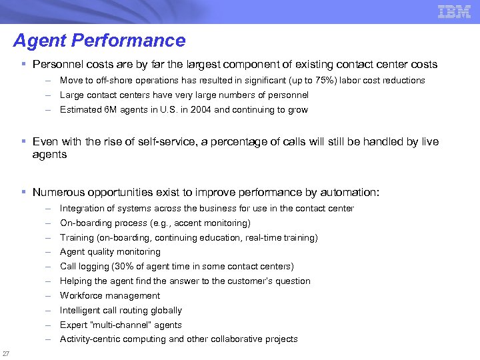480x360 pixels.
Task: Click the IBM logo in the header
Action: pyautogui.click(x=455, y=11)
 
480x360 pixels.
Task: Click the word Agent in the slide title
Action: pyautogui.click(x=39, y=41)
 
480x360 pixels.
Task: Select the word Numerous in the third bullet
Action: pyautogui.click(x=58, y=193)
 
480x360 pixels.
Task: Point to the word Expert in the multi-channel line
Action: pyautogui.click(x=72, y=325)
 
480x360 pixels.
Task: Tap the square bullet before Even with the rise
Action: pyautogui.click(x=23, y=142)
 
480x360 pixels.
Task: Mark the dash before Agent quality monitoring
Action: pyautogui.click(x=49, y=252)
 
